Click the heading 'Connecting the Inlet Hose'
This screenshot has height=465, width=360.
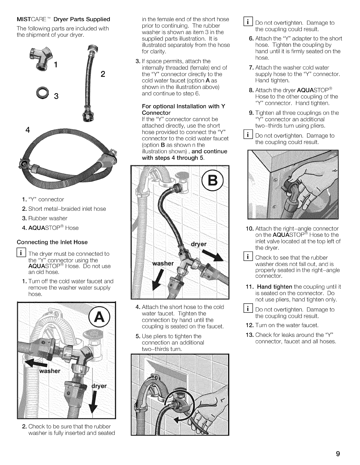pos(52,242)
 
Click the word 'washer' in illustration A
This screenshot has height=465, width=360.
pos(50,371)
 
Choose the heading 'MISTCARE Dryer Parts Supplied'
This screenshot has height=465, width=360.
pos(63,19)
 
